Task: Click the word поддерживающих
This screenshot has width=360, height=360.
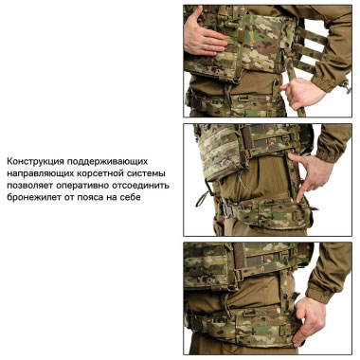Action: pos(110,162)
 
